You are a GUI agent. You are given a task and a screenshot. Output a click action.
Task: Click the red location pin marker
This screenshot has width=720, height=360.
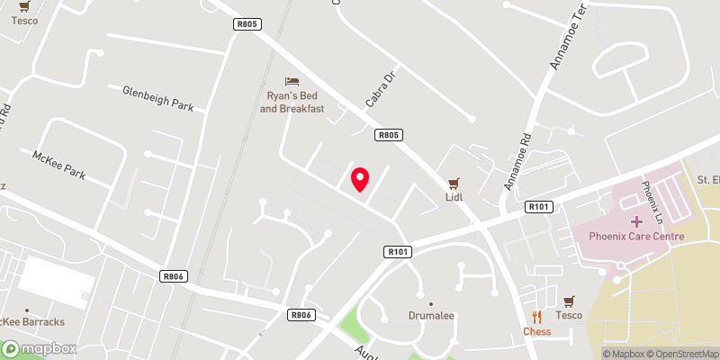(360, 179)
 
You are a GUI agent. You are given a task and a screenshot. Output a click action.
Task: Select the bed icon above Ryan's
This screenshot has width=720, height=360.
(291, 82)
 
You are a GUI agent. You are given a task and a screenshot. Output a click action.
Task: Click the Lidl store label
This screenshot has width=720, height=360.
(454, 196)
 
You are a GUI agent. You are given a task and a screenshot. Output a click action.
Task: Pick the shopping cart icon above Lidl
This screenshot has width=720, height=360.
(454, 181)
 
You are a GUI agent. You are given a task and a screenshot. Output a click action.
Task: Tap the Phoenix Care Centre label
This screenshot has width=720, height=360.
(636, 236)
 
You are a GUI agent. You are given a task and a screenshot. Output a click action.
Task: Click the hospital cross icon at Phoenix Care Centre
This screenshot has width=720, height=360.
(636, 220)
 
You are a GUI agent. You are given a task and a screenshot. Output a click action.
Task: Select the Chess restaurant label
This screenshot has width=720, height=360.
(536, 331)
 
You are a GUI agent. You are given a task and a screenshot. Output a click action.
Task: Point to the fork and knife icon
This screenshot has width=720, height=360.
(537, 316)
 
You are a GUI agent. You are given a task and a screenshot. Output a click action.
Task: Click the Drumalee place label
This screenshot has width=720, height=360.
(431, 317)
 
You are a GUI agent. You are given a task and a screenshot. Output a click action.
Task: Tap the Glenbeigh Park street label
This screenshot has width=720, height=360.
(158, 98)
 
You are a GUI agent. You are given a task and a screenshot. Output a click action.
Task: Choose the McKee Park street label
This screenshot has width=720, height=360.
(58, 165)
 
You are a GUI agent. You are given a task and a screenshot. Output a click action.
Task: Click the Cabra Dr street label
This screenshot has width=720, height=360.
(381, 90)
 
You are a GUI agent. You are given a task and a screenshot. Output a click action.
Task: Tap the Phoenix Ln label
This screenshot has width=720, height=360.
(651, 203)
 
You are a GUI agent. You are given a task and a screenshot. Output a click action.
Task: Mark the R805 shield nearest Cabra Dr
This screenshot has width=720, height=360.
(388, 135)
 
